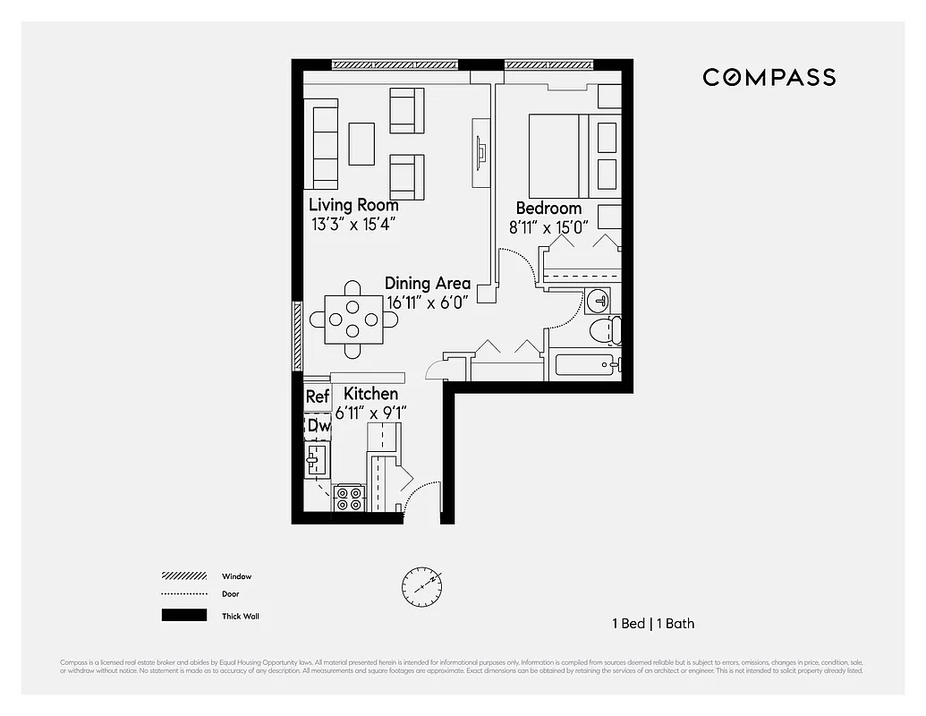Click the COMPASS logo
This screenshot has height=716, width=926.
tap(769, 78)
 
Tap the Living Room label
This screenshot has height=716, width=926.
tap(353, 205)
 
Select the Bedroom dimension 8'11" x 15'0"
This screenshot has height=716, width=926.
tap(548, 227)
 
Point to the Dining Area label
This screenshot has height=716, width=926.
tap(427, 284)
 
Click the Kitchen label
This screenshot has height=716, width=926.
tap(370, 394)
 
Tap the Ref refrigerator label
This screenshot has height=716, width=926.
tap(317, 396)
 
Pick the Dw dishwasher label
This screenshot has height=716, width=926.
tap(319, 427)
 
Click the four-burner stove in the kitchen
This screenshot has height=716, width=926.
tap(349, 499)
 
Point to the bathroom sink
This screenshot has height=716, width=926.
tap(598, 299)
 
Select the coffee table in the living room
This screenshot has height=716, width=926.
tap(361, 143)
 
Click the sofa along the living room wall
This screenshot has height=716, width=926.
tap(321, 143)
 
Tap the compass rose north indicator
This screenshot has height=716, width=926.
tap(421, 586)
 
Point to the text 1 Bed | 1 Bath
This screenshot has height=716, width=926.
tap(653, 624)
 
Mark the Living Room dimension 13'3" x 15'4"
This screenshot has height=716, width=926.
tap(353, 225)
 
